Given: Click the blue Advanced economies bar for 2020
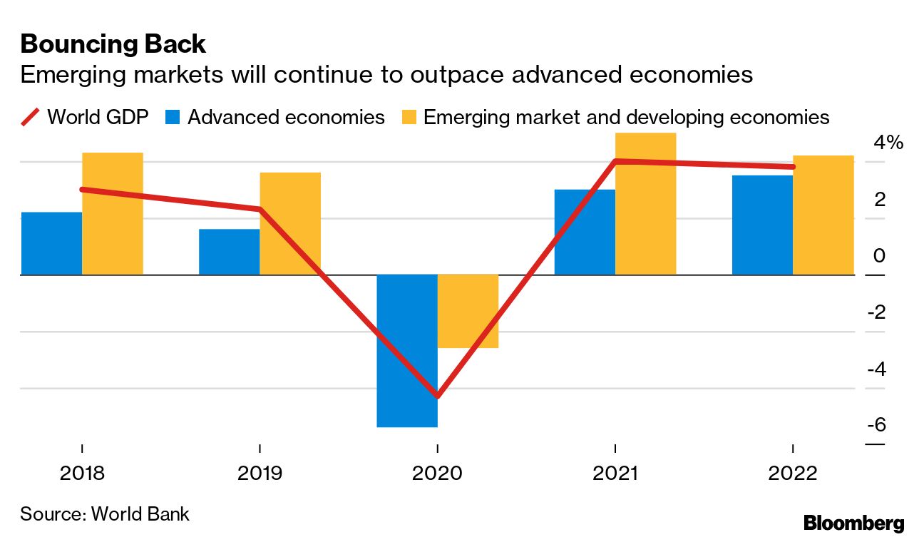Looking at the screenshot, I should (407, 350).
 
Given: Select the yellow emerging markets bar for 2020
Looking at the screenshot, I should (468, 311).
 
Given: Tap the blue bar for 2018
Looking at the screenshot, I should (51, 243).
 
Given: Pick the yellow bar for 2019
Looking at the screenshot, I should (290, 223).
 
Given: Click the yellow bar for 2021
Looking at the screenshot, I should (645, 204).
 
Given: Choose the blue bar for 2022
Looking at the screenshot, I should (762, 225).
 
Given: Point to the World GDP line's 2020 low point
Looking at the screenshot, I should (437, 396).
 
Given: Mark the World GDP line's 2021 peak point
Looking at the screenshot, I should (615, 161).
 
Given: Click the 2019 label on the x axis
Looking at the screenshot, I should (260, 474).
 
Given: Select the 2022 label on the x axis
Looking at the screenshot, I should (793, 474).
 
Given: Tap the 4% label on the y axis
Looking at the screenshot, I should (888, 143).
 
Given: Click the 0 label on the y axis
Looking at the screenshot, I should (880, 256).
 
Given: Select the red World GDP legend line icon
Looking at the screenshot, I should (31, 117).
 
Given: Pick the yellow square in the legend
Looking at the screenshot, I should (410, 118).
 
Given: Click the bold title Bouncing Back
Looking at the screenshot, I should (113, 44).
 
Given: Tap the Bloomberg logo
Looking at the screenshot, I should (853, 523).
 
